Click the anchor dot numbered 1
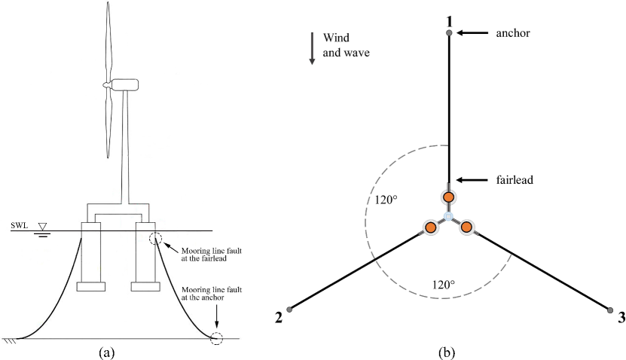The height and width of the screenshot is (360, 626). [449, 32]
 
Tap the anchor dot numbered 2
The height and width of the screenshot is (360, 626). [289, 308]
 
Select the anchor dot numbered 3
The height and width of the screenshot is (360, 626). [609, 308]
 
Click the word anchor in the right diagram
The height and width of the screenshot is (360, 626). [514, 33]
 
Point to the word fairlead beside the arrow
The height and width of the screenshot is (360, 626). [516, 180]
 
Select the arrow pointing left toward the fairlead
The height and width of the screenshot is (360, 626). [475, 180]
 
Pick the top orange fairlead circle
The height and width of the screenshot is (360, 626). [448, 197]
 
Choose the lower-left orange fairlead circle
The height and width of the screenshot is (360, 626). [430, 227]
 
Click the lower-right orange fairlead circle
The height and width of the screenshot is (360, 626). [466, 227]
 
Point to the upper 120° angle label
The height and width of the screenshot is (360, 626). [385, 201]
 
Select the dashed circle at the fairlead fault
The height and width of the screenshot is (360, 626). [155, 239]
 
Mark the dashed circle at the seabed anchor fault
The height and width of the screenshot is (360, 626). [216, 338]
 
